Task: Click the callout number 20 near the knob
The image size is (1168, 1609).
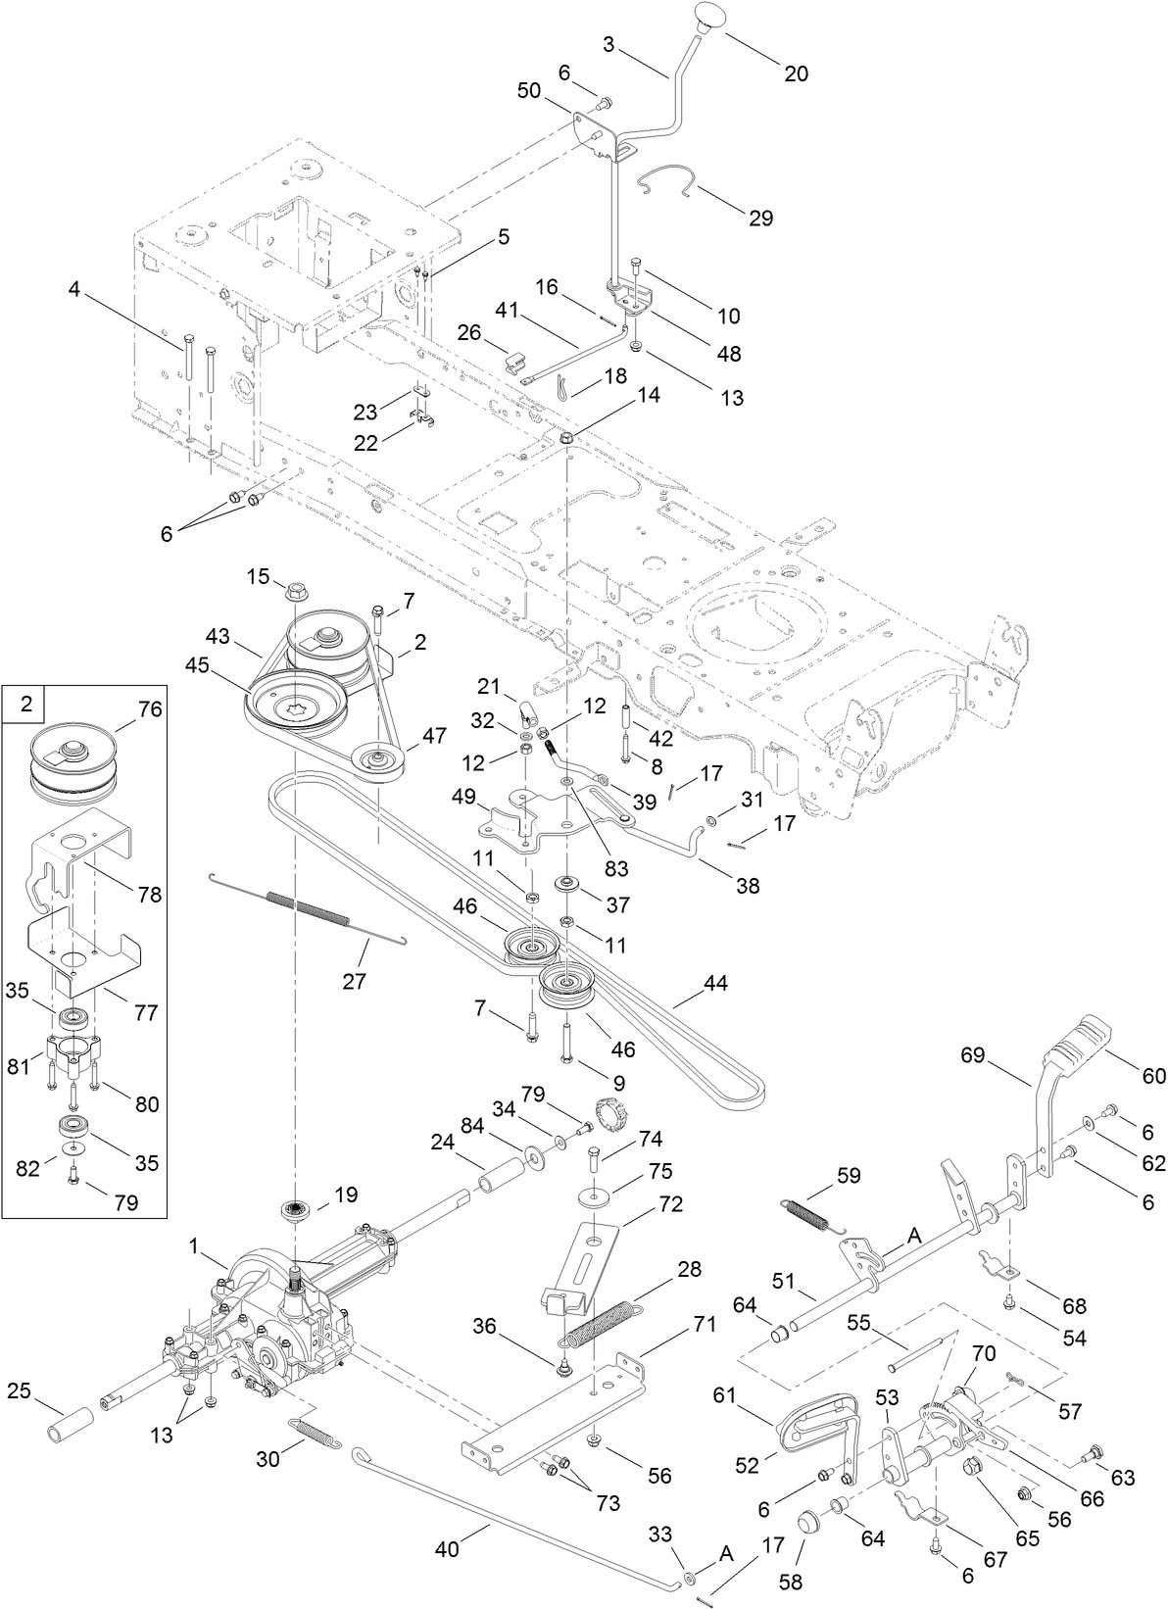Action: click(796, 73)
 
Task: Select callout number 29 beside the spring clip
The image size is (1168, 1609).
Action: click(760, 218)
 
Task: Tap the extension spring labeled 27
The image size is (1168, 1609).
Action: click(307, 907)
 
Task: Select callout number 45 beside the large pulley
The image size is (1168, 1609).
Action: click(197, 664)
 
